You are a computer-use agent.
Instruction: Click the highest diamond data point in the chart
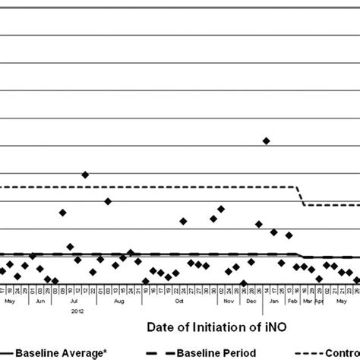tap(266, 141)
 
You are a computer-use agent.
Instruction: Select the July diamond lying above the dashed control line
tap(85, 174)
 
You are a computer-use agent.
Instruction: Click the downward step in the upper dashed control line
tap(300, 195)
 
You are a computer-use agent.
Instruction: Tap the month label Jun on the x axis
tap(42, 302)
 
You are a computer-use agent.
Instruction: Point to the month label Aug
tap(118, 302)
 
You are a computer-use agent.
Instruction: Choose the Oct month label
tap(179, 302)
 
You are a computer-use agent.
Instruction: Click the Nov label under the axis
tap(228, 302)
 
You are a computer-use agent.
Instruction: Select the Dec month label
tap(250, 302)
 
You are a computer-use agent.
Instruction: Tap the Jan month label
tap(273, 302)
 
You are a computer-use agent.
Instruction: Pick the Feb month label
tap(292, 302)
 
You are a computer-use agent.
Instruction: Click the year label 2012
tap(77, 310)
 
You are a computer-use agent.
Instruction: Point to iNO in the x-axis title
tap(283, 327)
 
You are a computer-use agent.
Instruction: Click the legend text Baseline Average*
tap(52, 353)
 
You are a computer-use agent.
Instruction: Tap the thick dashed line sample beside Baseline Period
tap(156, 353)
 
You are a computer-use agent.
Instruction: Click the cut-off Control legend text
tap(341, 353)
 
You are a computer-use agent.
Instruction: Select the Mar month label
tap(307, 302)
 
